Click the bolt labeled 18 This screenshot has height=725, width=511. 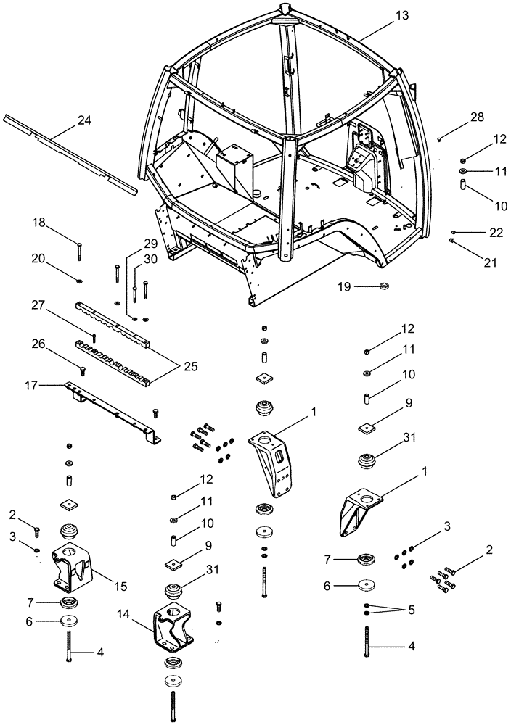click(x=79, y=251)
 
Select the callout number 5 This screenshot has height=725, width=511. click(x=411, y=610)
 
